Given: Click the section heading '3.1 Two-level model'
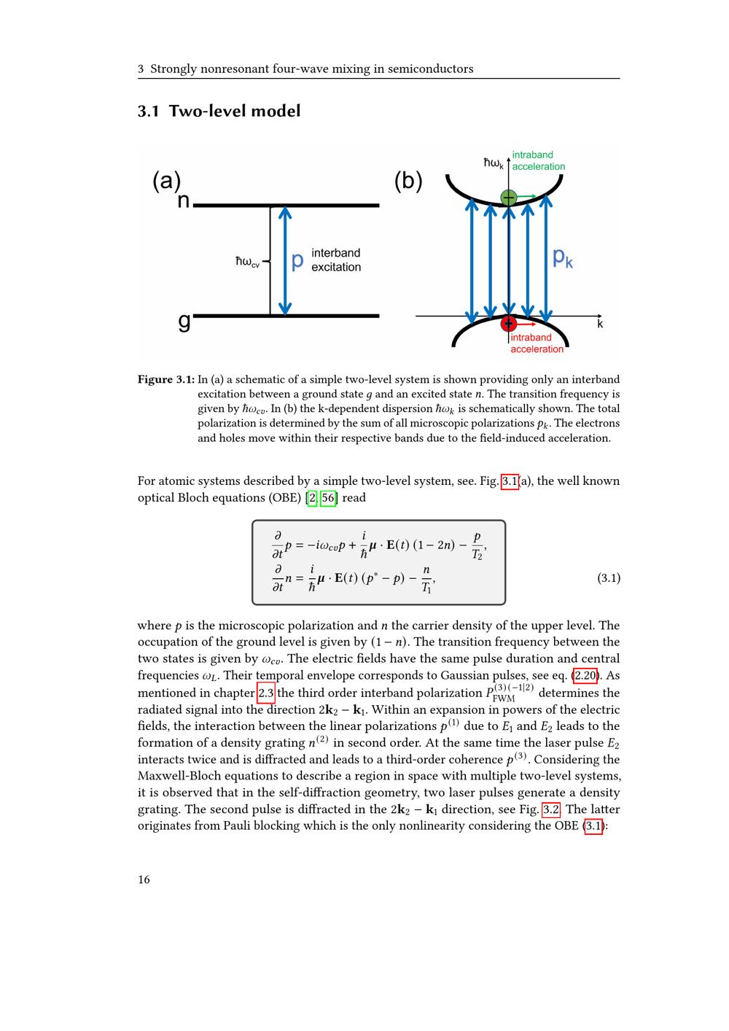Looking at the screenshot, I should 219,111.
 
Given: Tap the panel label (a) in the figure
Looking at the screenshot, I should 166,181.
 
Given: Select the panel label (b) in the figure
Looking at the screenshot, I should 408,181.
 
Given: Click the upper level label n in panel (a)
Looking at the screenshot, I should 184,201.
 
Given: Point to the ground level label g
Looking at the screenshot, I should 184,321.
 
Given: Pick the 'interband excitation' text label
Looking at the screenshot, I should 336,260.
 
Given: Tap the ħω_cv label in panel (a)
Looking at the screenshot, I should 247,261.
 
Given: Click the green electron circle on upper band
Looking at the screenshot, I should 509,197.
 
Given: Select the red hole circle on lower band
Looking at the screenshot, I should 509,323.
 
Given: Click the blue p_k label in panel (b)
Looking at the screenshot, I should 563,257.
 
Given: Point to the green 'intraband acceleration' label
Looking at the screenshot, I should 538,160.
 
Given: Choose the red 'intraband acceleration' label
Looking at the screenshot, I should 537,343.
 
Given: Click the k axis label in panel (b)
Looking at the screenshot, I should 600,324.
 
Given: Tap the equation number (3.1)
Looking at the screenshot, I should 609,578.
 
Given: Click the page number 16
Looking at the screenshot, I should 144,879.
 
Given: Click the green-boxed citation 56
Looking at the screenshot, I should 329,498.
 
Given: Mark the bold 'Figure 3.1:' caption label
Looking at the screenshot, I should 166,380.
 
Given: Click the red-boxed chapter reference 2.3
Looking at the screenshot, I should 266,693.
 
